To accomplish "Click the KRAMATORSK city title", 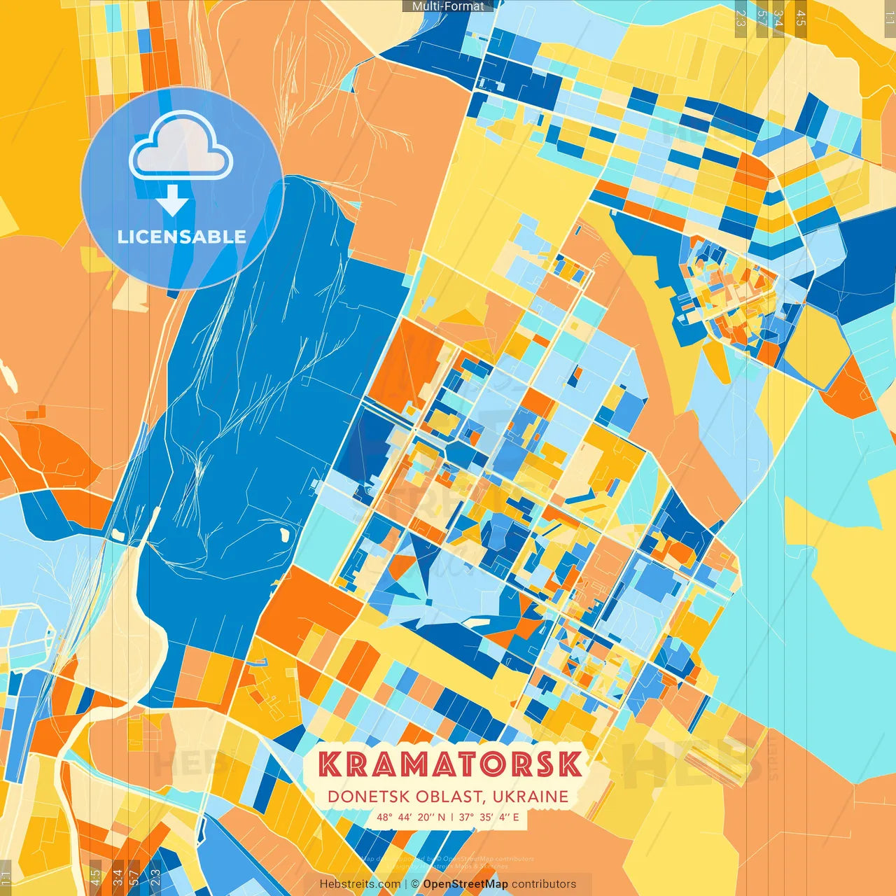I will coord(449,764).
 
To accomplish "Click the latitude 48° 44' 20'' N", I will coord(411,817).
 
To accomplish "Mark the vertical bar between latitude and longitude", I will coord(452,817).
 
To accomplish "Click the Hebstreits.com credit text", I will coord(360,884).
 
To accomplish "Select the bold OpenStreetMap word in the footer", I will coord(465,884).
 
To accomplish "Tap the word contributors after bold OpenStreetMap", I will coord(544,884).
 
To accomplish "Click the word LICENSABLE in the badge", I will coord(182,237).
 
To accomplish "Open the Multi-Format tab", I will coord(448,6).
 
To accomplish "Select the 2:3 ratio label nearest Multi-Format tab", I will coord(741,18).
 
